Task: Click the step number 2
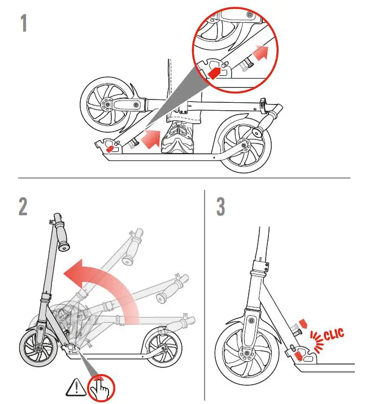pos(23,206)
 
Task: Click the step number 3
pos(221,206)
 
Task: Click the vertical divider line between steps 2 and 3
pos(204,294)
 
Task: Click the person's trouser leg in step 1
pos(179,90)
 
